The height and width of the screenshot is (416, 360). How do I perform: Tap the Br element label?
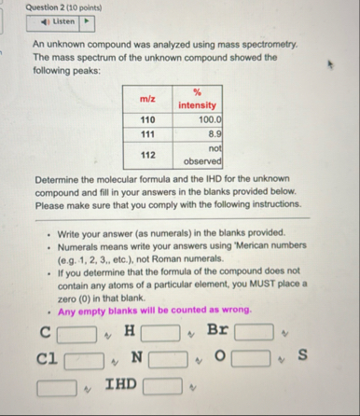(216, 330)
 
